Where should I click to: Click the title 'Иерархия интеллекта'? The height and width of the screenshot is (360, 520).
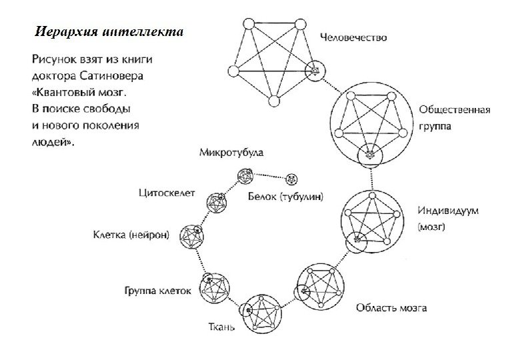click(107, 31)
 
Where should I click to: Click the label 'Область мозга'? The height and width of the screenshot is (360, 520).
click(391, 307)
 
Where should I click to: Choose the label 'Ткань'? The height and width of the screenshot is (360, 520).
click(217, 328)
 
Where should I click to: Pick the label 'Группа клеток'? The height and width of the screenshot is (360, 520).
click(158, 290)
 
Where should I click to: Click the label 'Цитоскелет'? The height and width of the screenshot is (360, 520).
click(166, 194)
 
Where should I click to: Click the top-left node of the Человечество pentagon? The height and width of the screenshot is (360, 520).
click(248, 25)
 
